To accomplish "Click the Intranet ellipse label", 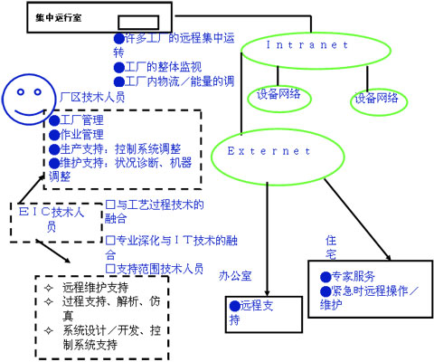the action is (307, 45).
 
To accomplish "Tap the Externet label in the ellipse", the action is (269, 151).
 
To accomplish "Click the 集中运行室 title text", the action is (59, 17).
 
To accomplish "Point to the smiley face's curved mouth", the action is (30, 113).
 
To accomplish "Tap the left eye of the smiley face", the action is (21, 91).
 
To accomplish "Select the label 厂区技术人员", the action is (92, 97).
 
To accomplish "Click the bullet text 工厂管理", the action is (81, 120).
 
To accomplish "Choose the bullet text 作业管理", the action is (81, 134).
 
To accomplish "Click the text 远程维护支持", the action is (95, 288).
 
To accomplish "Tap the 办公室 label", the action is (235, 276).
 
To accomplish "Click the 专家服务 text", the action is (353, 276).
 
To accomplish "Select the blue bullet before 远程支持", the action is (235, 306).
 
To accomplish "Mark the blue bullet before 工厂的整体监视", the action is (119, 67).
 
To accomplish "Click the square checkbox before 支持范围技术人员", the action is (110, 269).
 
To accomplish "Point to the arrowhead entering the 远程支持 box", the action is (267, 293).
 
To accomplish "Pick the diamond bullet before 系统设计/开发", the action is (49, 330).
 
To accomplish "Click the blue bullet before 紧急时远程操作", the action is (325, 291).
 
